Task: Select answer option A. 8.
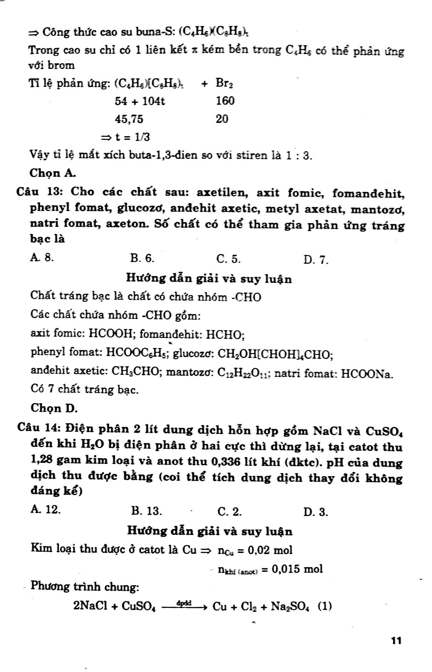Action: [42, 258]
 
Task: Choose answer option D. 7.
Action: [316, 260]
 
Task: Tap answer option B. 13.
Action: [146, 511]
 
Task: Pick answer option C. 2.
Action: [229, 512]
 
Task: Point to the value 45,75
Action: [129, 119]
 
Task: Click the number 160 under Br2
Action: [225, 101]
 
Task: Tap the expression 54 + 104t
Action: [140, 101]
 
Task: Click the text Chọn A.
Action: [53, 173]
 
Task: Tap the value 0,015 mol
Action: [297, 568]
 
